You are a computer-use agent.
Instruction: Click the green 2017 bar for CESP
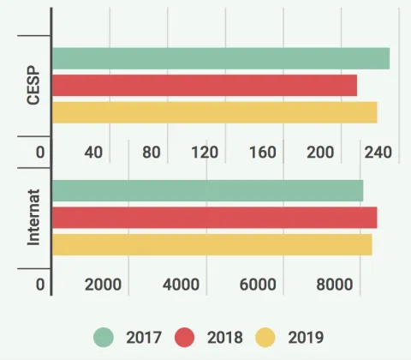221,58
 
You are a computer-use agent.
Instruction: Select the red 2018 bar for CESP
205,86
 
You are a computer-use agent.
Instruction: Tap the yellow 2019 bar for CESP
215,112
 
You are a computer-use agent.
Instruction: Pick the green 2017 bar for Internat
208,191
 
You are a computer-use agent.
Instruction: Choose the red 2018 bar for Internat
215,218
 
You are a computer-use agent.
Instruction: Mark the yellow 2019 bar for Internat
212,244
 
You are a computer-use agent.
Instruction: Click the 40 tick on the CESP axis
93,153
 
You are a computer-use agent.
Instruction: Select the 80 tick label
152,153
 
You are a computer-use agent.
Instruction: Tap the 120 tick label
205,153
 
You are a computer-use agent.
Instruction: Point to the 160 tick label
262,153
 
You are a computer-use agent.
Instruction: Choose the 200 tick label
320,153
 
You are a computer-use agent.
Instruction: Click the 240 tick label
378,153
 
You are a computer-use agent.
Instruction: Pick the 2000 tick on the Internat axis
103,285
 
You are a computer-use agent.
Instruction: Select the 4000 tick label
180,285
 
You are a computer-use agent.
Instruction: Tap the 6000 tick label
257,285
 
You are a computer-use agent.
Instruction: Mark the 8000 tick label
334,285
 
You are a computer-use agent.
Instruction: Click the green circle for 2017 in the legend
104,337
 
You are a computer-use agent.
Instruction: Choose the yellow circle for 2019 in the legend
267,337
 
